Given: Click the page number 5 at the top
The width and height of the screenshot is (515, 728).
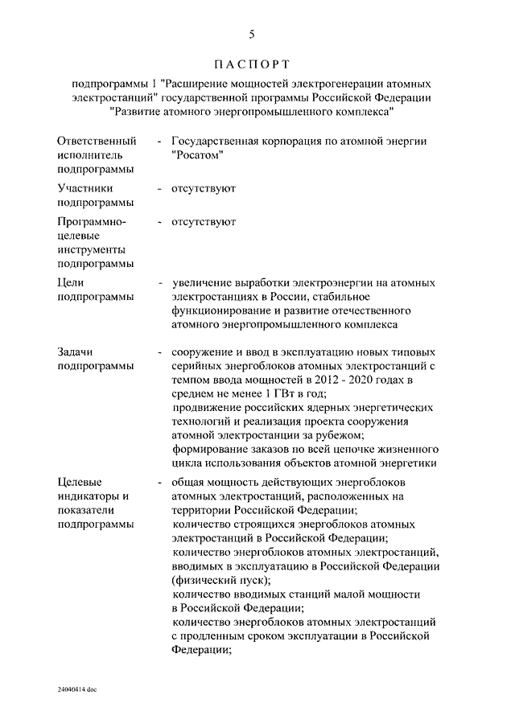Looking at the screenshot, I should [x=252, y=34].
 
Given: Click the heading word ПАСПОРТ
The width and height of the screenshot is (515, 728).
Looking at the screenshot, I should [x=251, y=63].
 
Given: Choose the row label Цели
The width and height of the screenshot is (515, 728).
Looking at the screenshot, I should [x=72, y=283].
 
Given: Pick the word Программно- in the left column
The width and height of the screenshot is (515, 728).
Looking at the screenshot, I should [x=90, y=221].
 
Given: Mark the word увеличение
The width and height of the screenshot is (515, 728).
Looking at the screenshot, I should [x=201, y=283].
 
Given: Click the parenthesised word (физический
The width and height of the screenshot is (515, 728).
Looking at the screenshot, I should [x=202, y=580].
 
